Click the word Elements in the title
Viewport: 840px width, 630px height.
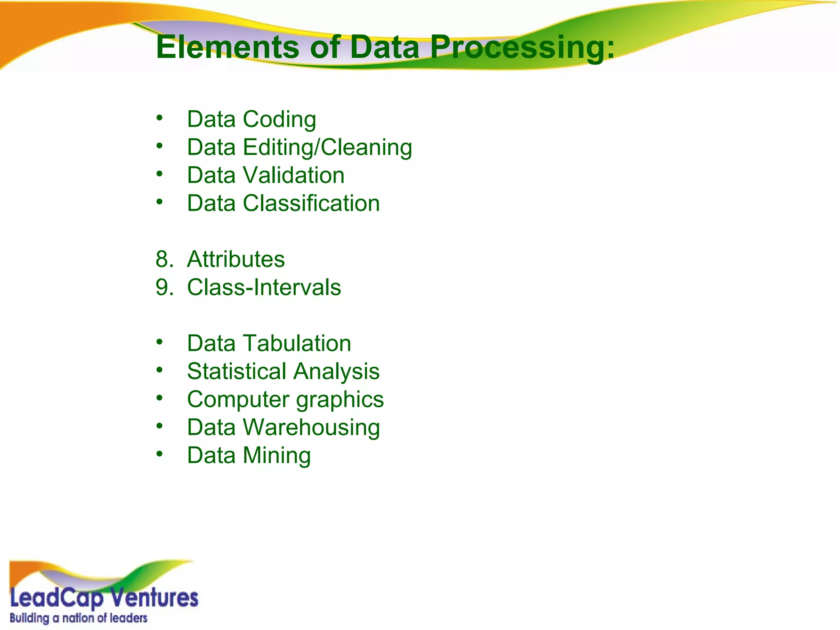pyautogui.click(x=228, y=47)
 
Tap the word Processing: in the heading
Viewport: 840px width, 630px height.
pyautogui.click(x=522, y=48)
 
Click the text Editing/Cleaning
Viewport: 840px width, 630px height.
pyautogui.click(x=327, y=147)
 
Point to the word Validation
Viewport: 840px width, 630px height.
pyautogui.click(x=294, y=175)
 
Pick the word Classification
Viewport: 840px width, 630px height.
pyautogui.click(x=311, y=203)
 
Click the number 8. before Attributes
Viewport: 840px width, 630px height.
pyautogui.click(x=164, y=259)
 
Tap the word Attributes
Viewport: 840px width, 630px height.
pyautogui.click(x=236, y=259)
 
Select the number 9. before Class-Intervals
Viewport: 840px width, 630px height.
pyautogui.click(x=164, y=287)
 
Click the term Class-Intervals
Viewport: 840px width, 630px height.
pyautogui.click(x=264, y=287)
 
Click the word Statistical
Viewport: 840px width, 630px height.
pyautogui.click(x=237, y=371)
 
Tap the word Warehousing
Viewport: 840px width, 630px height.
pyautogui.click(x=311, y=427)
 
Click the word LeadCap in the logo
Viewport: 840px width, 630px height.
pyautogui.click(x=57, y=598)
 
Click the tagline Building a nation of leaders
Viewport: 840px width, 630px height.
pyautogui.click(x=78, y=618)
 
